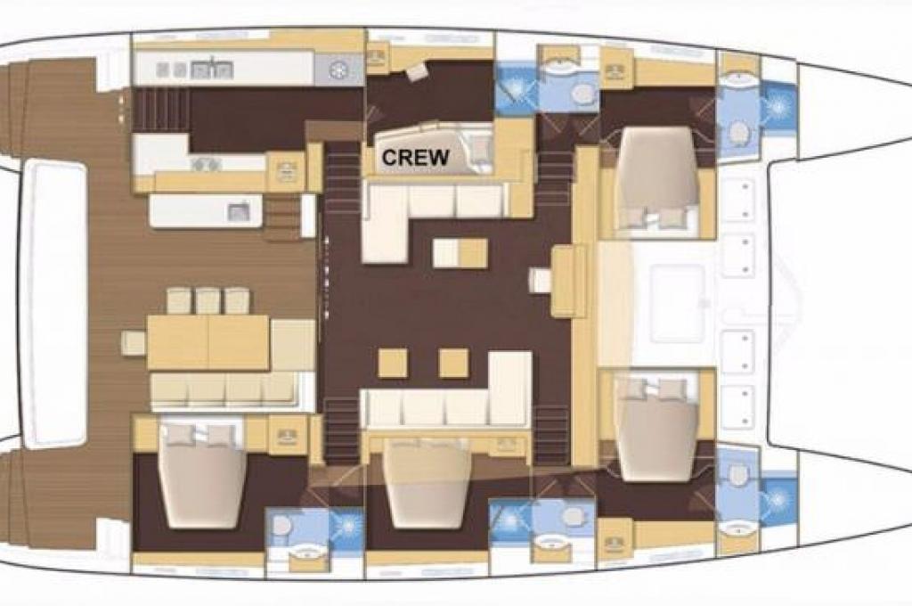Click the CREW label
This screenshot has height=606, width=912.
coord(415,157)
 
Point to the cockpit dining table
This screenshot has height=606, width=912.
coord(208,342)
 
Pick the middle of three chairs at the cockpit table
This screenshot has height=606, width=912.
coord(208,300)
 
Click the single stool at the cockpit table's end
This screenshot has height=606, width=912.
coord(134,342)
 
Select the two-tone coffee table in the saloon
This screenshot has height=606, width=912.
coord(460,252)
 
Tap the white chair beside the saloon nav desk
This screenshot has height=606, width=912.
coord(541,281)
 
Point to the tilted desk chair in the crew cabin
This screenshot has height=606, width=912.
coord(417,72)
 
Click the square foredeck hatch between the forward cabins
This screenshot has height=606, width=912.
coord(678,303)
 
